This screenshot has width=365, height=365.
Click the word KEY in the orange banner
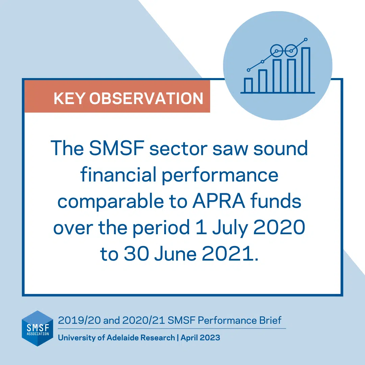click(69, 98)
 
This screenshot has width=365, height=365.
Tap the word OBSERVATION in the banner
click(146, 98)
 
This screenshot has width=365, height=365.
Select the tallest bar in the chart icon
click(306, 70)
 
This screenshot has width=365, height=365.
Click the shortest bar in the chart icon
click(248, 86)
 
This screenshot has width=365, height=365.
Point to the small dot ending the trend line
click(306, 40)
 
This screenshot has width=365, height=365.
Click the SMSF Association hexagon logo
click(38, 328)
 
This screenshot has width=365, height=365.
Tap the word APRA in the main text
click(219, 201)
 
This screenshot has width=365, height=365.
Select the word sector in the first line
click(178, 149)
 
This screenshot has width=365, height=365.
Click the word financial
click(118, 175)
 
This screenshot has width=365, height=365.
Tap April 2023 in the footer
click(200, 338)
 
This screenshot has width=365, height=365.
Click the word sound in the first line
click(281, 148)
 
